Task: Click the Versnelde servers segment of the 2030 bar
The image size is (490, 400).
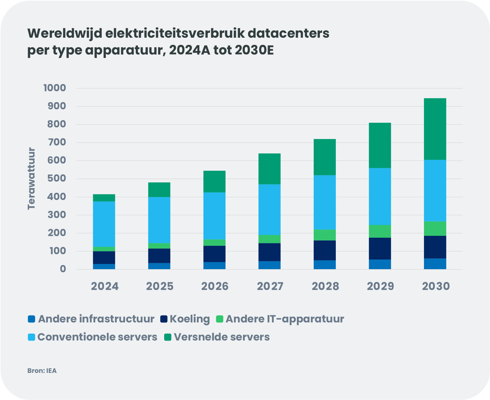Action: (435, 129)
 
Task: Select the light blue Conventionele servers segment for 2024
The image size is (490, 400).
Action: (104, 224)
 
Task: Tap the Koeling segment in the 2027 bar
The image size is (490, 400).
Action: (269, 252)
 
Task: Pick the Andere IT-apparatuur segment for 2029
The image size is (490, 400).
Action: (380, 231)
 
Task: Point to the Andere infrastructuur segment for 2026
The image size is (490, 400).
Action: (214, 265)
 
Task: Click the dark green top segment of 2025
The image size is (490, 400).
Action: (159, 189)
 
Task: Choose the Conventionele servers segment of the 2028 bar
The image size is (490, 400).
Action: (325, 202)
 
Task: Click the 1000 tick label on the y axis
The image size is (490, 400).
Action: (55, 88)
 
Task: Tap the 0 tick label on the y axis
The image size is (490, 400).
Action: (63, 269)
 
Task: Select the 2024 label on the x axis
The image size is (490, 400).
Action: (105, 286)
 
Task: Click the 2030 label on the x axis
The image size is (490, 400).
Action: (435, 286)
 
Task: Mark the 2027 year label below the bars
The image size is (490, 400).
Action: (270, 286)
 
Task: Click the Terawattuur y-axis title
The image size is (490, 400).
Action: (31, 179)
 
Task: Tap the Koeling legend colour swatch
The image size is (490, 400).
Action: (164, 319)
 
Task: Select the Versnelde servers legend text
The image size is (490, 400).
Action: (222, 337)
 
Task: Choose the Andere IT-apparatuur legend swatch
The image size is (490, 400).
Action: (220, 319)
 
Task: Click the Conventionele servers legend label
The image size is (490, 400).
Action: (97, 337)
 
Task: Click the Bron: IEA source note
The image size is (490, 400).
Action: (42, 371)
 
